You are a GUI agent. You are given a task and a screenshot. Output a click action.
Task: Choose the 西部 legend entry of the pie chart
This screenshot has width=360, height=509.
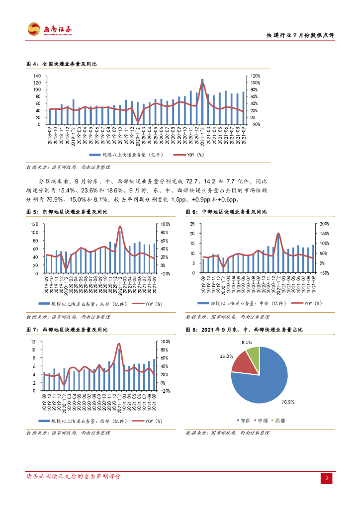(x=278, y=421)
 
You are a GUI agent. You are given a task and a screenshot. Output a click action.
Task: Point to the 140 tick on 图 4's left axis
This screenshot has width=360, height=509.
(x=37, y=76)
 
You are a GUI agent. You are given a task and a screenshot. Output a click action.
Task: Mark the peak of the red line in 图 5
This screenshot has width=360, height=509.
(x=120, y=227)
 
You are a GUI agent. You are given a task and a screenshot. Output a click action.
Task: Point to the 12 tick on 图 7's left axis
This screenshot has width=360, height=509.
(x=33, y=341)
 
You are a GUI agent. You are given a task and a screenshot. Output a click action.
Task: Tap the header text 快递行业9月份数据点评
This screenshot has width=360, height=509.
(x=300, y=36)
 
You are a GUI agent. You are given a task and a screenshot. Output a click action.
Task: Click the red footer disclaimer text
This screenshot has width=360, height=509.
(x=74, y=476)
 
